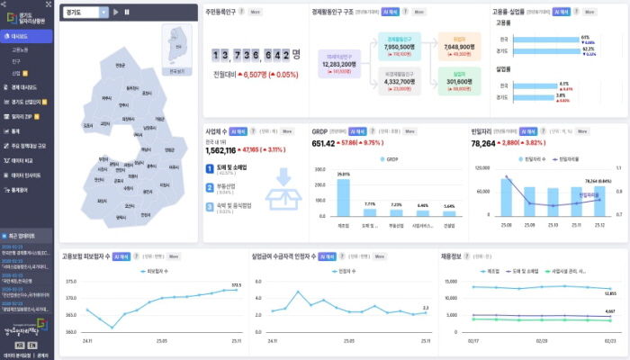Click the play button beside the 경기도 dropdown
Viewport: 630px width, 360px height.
pos(116,12)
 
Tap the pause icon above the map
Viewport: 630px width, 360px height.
pos(127,12)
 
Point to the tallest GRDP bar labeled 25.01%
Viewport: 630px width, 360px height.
pos(343,196)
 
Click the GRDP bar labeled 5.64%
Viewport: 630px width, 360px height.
pos(448,211)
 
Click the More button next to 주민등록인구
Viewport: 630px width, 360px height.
pos(256,13)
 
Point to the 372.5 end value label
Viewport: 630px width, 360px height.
pos(237,285)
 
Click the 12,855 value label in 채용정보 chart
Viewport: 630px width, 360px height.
pos(609,293)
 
